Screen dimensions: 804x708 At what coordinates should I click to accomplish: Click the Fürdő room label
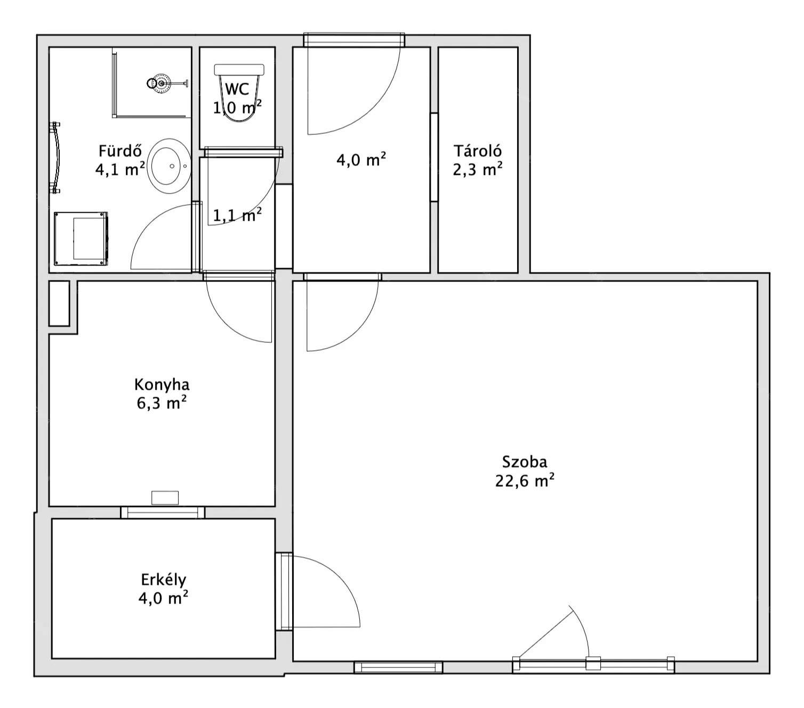(120, 151)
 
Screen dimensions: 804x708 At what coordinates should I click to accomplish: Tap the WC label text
(237, 89)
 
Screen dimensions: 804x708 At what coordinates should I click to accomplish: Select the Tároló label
(477, 151)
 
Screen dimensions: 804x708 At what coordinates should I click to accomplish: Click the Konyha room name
(162, 384)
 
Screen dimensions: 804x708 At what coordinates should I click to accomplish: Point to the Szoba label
(524, 462)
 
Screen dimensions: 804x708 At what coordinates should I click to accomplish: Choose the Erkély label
(164, 580)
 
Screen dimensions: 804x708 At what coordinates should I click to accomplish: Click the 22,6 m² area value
(524, 480)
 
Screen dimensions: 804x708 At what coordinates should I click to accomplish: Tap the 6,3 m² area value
(162, 403)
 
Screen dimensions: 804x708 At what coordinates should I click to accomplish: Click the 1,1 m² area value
(237, 215)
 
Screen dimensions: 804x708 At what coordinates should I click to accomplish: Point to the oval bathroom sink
(169, 166)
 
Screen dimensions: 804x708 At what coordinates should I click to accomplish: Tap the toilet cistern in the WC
(239, 69)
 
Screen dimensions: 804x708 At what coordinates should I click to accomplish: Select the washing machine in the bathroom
(81, 238)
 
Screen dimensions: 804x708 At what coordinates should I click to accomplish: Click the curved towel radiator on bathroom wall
(55, 158)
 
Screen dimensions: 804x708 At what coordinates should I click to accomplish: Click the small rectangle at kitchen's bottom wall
(165, 497)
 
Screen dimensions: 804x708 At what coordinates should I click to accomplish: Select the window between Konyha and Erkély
(163, 512)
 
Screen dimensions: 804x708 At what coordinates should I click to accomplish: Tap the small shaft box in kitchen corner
(59, 303)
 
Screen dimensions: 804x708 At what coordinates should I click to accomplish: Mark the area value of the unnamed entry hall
(361, 159)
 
